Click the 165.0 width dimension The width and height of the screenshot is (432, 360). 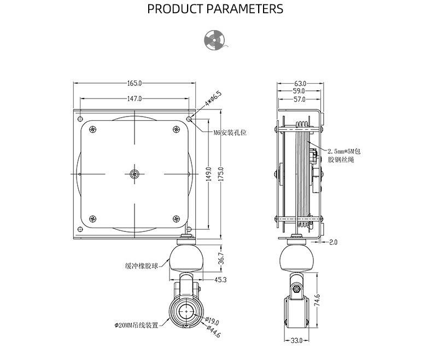pyautogui.click(x=135, y=84)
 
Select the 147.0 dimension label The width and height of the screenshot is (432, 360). pyautogui.click(x=135, y=99)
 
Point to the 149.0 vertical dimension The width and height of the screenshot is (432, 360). pyautogui.click(x=208, y=175)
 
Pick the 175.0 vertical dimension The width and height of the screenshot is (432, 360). pyautogui.click(x=221, y=175)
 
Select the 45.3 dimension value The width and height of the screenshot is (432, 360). pyautogui.click(x=220, y=280)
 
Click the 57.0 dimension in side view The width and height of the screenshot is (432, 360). pyautogui.click(x=299, y=100)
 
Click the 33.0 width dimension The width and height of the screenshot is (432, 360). pyautogui.click(x=296, y=340)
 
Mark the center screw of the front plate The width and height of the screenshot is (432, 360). pyautogui.click(x=135, y=175)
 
